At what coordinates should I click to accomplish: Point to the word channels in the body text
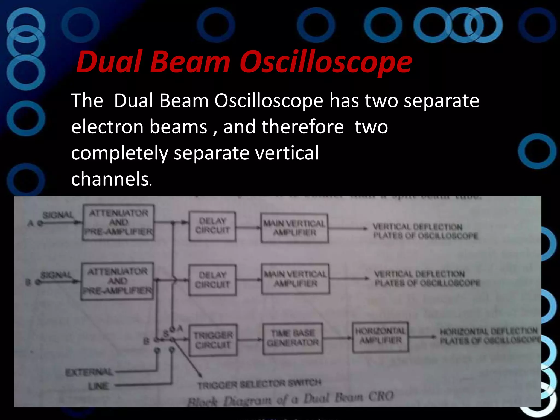(110, 179)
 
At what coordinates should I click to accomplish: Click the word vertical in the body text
(284, 153)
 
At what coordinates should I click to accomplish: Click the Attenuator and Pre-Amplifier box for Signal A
(118, 223)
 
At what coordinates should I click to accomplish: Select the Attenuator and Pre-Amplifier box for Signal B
(117, 281)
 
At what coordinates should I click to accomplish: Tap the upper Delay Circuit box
(212, 226)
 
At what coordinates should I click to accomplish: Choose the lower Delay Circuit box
(212, 280)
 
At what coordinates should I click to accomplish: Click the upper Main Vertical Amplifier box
(294, 228)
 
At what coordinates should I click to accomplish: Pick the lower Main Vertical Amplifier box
(295, 279)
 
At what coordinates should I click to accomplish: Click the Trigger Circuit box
(213, 340)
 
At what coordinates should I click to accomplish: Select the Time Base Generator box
(293, 339)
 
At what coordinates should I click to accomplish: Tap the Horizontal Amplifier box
(380, 337)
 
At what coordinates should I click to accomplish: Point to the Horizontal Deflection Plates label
(489, 336)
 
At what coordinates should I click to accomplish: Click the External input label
(89, 372)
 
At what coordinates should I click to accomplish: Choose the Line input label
(98, 386)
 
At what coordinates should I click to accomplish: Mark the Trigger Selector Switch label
(259, 384)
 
